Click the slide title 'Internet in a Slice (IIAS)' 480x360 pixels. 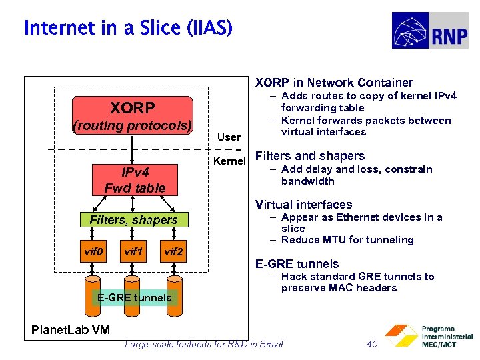[128, 28]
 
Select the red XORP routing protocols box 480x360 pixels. [132, 116]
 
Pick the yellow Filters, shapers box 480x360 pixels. [133, 219]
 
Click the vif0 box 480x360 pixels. [93, 252]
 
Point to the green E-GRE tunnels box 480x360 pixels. [134, 297]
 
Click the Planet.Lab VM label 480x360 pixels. [71, 330]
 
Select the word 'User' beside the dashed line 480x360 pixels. [229, 137]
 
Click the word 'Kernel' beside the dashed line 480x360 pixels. [229, 161]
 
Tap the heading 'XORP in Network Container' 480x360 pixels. [334, 83]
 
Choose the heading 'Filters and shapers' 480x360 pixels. [310, 156]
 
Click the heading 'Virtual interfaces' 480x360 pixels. [303, 205]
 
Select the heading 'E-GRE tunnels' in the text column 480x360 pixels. [297, 264]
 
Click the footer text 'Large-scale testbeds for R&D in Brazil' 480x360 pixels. [204, 344]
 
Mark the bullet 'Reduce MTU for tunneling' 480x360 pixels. [347, 240]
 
